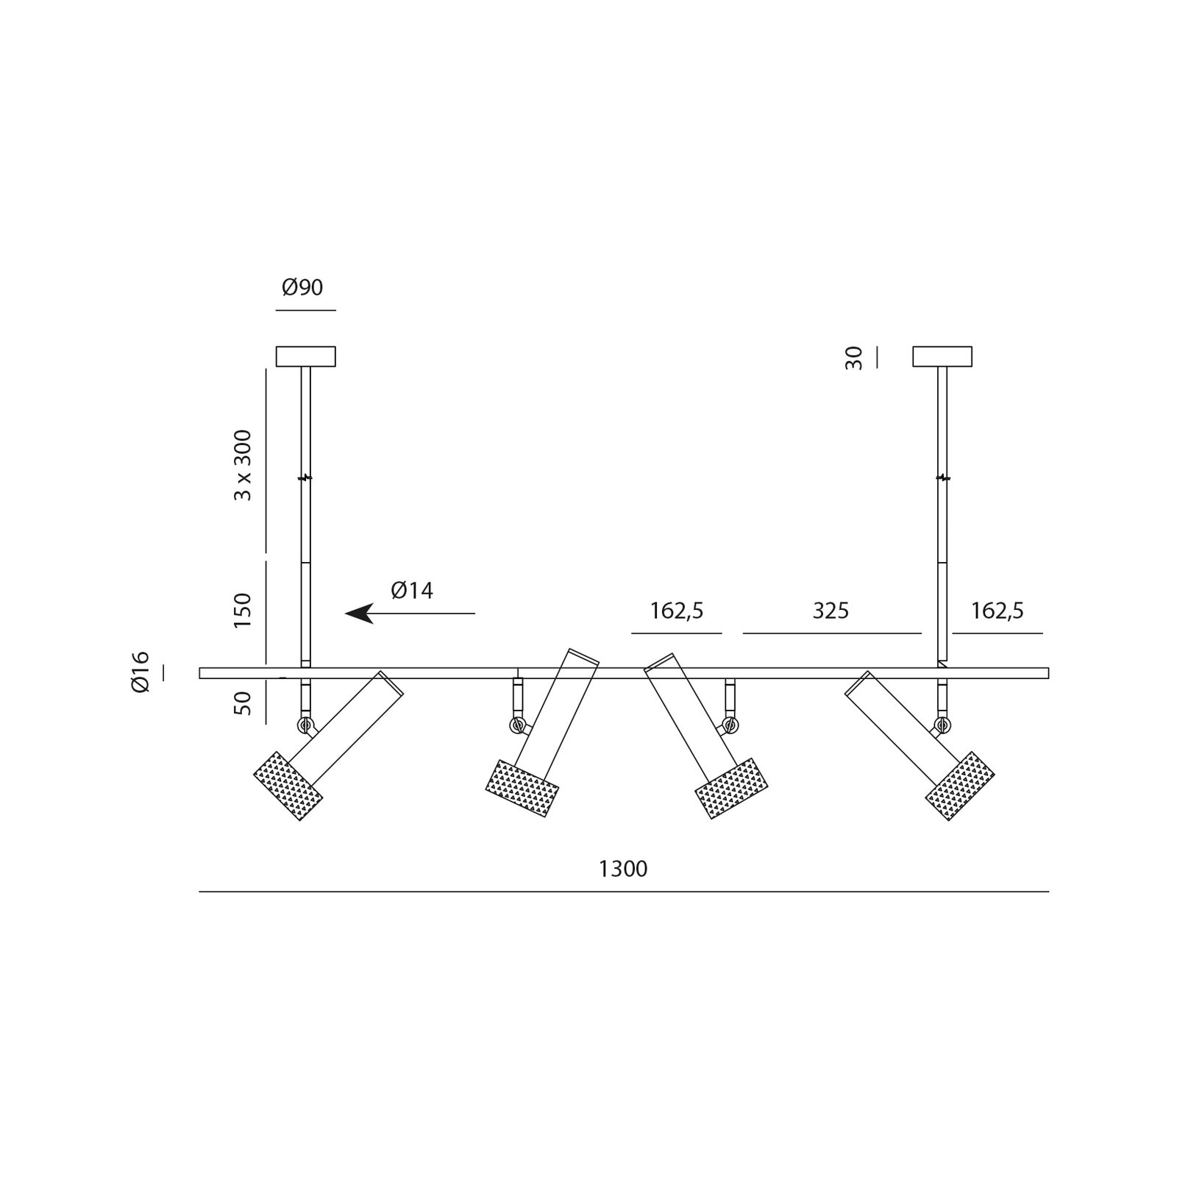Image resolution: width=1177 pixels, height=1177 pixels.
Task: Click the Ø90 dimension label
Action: pos(302,288)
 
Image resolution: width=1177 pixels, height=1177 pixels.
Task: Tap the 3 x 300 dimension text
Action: pos(242,466)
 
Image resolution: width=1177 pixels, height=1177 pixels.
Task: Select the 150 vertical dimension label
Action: pos(242,611)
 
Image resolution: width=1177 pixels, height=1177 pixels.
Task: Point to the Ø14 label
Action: pos(412,590)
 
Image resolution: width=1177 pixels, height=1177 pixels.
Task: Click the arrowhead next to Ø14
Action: pos(359,613)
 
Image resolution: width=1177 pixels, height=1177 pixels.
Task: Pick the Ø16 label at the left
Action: pos(140,672)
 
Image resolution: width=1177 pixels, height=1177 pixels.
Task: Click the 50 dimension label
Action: pos(243,703)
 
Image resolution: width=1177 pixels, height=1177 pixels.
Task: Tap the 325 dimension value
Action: pos(831,611)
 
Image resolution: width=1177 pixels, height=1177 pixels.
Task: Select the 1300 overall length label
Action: pos(623,870)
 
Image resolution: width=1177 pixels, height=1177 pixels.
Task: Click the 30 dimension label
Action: pos(853,358)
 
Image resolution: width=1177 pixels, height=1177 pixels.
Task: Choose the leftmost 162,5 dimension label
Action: pos(677,611)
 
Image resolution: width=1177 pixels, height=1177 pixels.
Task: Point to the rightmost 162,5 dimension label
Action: pos(998,611)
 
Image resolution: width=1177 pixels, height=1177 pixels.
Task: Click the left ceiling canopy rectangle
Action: pos(305,357)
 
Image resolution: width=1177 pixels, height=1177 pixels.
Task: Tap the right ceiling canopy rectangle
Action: pos(942,357)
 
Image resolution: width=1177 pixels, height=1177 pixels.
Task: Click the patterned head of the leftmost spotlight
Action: pos(288,786)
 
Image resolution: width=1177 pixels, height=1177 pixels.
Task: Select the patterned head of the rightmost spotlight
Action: pos(960,786)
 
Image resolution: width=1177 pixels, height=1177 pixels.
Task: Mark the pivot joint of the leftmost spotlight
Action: pos(305,725)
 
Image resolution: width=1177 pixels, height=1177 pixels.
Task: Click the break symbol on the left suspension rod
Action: pos(305,477)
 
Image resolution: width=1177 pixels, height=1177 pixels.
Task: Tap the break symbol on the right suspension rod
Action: pos(942,477)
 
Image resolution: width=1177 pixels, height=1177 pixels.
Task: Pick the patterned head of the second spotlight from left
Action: pos(523,788)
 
